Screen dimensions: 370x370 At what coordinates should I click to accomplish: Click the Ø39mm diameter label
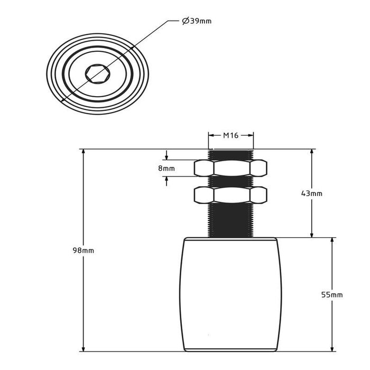[x=196, y=21]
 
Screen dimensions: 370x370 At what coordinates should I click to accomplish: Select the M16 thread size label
[x=230, y=135]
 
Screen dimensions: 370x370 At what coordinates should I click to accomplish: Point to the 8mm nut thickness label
[x=166, y=168]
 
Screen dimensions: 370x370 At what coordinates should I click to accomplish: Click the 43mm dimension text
[x=311, y=193]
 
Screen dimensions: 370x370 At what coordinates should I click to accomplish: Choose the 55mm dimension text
[x=332, y=294]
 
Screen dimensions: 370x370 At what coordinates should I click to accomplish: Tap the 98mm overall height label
[x=83, y=250]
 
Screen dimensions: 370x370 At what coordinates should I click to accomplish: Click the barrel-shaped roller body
[x=230, y=294]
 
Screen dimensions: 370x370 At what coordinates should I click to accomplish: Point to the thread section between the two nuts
[x=230, y=181]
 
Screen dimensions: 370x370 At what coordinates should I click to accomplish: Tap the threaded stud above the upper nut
[x=230, y=154]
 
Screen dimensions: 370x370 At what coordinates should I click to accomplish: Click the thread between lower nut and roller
[x=230, y=220]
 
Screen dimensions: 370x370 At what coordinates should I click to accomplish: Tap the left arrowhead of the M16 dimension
[x=210, y=135]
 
